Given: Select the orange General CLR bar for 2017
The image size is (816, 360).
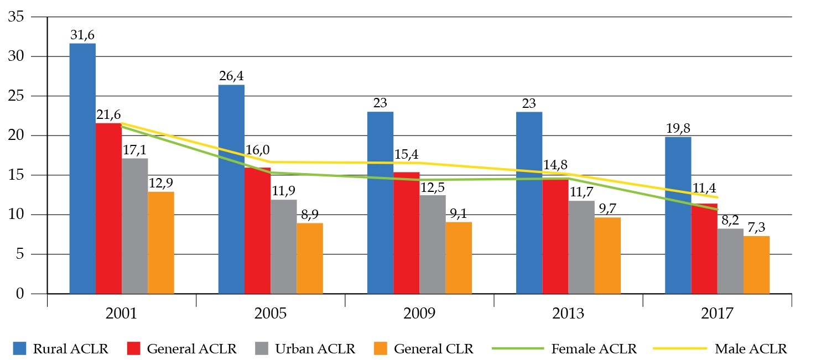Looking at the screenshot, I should (756, 265).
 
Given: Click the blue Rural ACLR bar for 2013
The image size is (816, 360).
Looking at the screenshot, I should (529, 202).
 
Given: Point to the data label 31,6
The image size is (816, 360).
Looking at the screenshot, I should (82, 35).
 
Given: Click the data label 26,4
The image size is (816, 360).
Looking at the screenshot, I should (231, 77).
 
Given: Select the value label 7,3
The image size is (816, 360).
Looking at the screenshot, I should (756, 228).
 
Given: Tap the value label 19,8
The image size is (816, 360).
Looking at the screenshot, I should (678, 129).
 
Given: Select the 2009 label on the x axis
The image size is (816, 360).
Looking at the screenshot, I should (419, 313).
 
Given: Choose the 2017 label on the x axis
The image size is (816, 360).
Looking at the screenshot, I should (717, 313).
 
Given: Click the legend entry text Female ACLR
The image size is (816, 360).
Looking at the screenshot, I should (594, 349).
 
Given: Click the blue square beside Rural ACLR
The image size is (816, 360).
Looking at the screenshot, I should (20, 348).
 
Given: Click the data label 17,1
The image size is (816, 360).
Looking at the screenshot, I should (134, 150).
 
